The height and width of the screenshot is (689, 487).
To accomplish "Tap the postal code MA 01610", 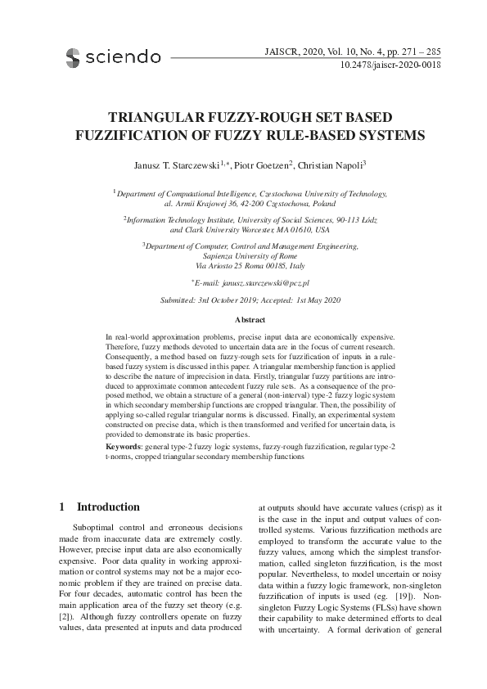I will [280, 231].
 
